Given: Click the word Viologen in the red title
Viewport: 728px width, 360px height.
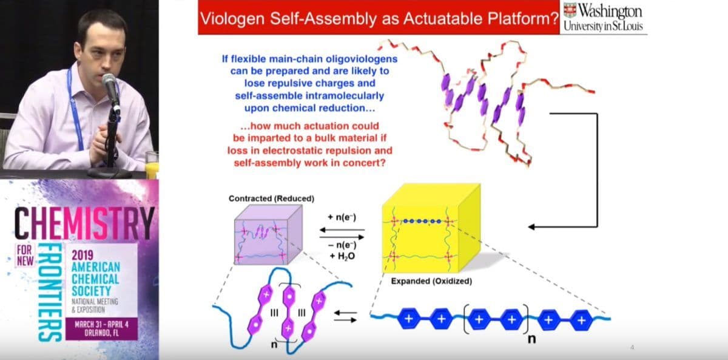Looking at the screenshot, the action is (232, 19).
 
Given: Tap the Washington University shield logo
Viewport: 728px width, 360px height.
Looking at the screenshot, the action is (570, 10).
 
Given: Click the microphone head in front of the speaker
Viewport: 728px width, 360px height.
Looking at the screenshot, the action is (109, 81).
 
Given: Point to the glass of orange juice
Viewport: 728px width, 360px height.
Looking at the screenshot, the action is (152, 165).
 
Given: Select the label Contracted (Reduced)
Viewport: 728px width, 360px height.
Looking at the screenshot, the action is (271, 199).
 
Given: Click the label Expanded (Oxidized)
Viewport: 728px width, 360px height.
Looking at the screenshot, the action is (431, 281).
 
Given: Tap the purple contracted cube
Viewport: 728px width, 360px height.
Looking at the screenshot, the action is (268, 234).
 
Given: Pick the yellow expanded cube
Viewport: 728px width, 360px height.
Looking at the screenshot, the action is (431, 228).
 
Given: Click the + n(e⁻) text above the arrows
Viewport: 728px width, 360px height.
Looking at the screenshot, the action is (342, 217).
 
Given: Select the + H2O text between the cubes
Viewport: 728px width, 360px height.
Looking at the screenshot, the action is (342, 257).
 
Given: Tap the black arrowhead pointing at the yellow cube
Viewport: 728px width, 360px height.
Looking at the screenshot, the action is (531, 226).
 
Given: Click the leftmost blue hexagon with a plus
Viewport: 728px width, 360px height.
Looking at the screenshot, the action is (409, 319).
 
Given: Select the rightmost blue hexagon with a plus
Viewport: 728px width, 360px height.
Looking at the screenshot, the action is (581, 321).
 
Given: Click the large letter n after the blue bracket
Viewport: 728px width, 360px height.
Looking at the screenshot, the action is (531, 339).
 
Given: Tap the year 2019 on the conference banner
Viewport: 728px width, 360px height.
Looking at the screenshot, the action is (83, 255).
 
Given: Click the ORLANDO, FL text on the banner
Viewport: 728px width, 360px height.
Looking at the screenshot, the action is (101, 333).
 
